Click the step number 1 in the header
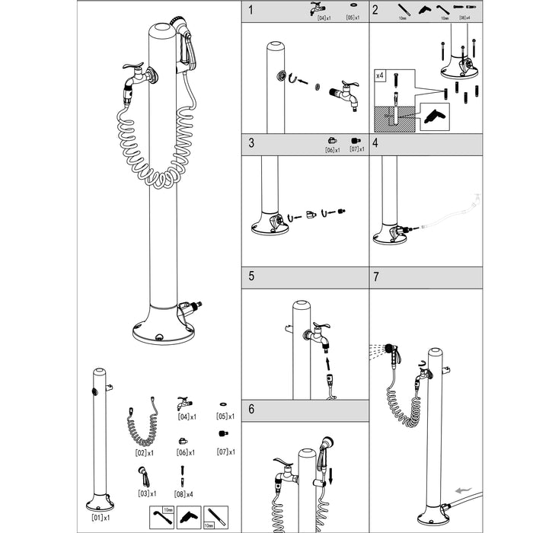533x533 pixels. (x=251, y=11)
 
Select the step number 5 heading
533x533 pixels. (x=251, y=277)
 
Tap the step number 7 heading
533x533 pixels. (x=376, y=277)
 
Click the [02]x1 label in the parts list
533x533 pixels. (x=145, y=452)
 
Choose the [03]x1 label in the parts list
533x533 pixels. (x=145, y=493)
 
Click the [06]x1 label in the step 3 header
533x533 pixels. (x=331, y=149)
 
